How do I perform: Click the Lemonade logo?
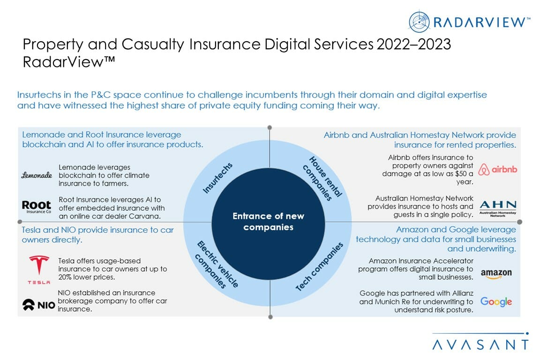tap(37, 175)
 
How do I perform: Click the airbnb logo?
tap(498, 169)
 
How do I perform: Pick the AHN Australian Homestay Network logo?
tap(498, 208)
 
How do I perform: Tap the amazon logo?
tap(496, 273)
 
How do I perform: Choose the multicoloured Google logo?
tap(496, 302)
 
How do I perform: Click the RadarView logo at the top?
tap(469, 21)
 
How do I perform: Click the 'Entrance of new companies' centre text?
tap(269, 222)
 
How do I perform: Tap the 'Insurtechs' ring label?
tap(217, 178)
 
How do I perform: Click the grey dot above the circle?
tap(270, 127)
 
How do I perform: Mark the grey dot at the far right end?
tap(519, 222)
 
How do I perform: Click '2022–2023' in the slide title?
tap(412, 45)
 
